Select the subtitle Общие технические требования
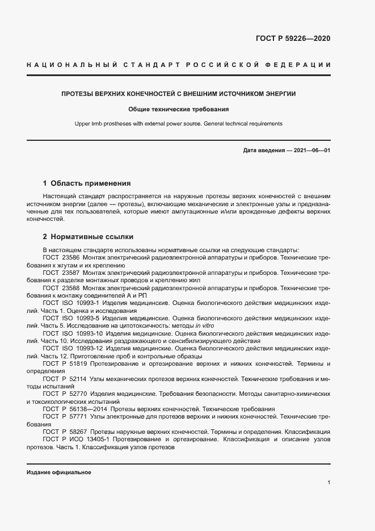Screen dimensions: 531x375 coord(178,108)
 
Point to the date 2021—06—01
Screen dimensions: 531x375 coord(310,150)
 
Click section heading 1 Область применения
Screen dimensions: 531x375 coord(87,183)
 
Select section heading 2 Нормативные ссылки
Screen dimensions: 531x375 coord(88,236)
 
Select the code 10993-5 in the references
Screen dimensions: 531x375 coord(90,319)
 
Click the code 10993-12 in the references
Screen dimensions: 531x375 coord(90,348)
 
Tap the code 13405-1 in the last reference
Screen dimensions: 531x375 coord(94,439)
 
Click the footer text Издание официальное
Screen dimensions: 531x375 coord(59,473)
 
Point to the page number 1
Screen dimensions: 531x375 coord(329,483)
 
